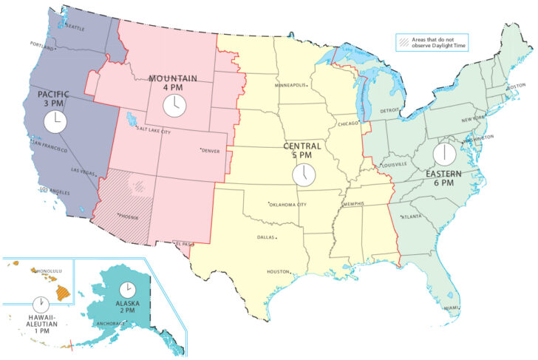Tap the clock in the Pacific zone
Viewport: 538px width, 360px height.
click(54, 121)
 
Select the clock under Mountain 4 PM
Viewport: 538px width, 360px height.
click(174, 105)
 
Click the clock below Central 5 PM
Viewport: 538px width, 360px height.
click(303, 174)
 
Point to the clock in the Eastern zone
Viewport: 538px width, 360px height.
click(444, 154)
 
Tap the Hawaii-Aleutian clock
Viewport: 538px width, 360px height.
click(41, 304)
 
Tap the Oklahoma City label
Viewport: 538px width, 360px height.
click(289, 204)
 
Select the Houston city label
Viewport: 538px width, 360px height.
click(277, 271)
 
